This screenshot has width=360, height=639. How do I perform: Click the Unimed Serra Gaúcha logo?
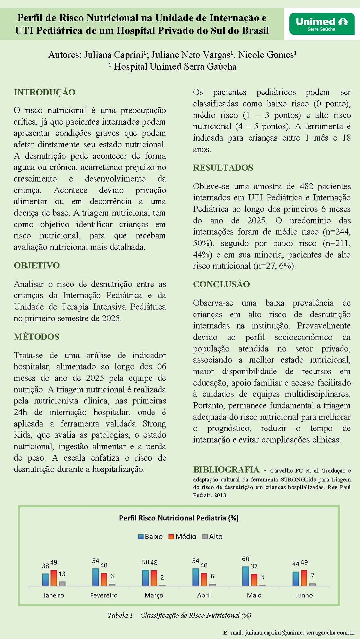(322, 24)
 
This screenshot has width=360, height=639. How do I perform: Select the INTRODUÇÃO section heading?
(44, 92)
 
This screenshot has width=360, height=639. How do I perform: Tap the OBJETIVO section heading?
(37, 266)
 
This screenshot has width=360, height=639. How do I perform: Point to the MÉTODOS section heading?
(36, 337)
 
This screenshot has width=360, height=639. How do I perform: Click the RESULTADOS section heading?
(223, 168)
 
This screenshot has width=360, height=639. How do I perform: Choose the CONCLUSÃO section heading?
(221, 284)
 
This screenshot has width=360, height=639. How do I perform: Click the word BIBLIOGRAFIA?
(226, 470)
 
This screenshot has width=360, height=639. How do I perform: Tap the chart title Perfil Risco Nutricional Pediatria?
(179, 518)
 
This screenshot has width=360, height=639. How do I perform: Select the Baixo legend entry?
(151, 537)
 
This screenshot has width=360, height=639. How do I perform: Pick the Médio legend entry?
(183, 537)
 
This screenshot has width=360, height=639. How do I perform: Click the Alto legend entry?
(213, 537)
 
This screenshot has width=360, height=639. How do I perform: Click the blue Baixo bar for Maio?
(246, 576)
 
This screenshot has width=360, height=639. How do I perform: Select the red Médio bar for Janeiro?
(54, 578)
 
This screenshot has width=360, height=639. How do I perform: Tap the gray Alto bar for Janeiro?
(62, 583)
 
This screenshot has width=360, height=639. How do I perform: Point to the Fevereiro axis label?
(104, 595)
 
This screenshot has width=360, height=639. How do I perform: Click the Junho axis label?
(304, 595)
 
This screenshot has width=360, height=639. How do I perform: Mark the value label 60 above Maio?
(246, 559)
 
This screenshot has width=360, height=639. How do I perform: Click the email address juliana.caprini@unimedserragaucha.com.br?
(299, 632)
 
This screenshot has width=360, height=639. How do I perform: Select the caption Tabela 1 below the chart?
(179, 615)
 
